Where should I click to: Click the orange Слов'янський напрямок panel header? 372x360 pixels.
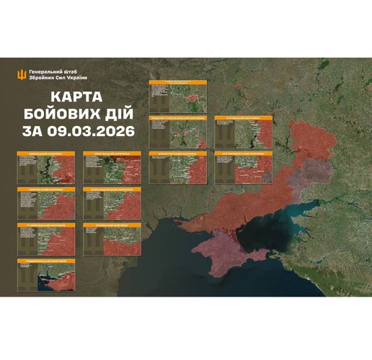pyautogui.click(x=110, y=154)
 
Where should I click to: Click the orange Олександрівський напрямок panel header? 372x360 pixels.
pyautogui.click(x=110, y=189)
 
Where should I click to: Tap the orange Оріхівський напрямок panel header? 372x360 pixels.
pyautogui.click(x=110, y=225)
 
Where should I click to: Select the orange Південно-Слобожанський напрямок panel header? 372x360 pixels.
pyautogui.click(x=177, y=118)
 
